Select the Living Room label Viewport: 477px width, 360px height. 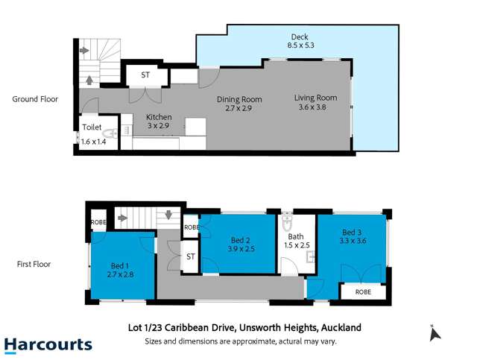click(315, 98)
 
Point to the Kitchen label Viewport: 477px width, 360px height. click(159, 117)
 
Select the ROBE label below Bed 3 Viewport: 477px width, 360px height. click(363, 293)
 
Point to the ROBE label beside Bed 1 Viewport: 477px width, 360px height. click(98, 223)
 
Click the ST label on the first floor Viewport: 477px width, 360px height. click(190, 256)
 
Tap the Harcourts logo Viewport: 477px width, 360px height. click(48, 344)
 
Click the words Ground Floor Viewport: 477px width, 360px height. click(35, 98)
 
